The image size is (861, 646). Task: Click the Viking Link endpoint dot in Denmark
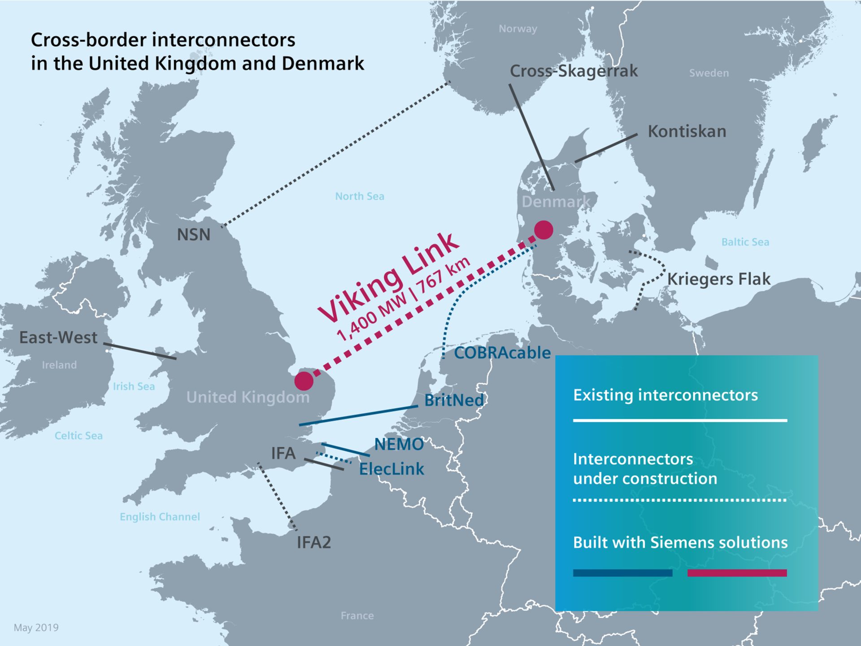pyautogui.click(x=544, y=230)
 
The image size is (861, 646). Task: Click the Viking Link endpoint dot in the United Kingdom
pyautogui.click(x=304, y=381)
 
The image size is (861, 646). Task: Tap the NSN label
pyautogui.click(x=194, y=235)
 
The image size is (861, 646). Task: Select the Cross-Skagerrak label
pyautogui.click(x=574, y=71)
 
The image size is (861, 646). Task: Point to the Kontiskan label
pyautogui.click(x=687, y=131)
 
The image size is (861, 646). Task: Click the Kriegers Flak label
pyautogui.click(x=719, y=279)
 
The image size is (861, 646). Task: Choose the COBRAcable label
pyautogui.click(x=502, y=353)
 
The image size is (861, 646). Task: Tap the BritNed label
pyautogui.click(x=454, y=400)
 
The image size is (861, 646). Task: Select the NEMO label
pyautogui.click(x=399, y=445)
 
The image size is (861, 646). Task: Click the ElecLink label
pyautogui.click(x=391, y=469)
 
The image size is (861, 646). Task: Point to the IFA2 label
pyautogui.click(x=314, y=542)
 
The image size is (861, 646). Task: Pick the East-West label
pyautogui.click(x=58, y=337)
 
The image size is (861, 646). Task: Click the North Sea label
pyautogui.click(x=360, y=196)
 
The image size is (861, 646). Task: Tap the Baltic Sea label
pyautogui.click(x=745, y=242)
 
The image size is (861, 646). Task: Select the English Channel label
pyautogui.click(x=160, y=517)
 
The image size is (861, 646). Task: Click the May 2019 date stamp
pyautogui.click(x=36, y=628)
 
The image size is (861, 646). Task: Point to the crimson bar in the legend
pyautogui.click(x=737, y=573)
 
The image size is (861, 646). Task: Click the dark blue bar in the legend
pyautogui.click(x=622, y=573)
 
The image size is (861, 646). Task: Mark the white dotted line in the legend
pyautogui.click(x=679, y=500)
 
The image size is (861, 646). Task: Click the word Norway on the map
pyautogui.click(x=518, y=29)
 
